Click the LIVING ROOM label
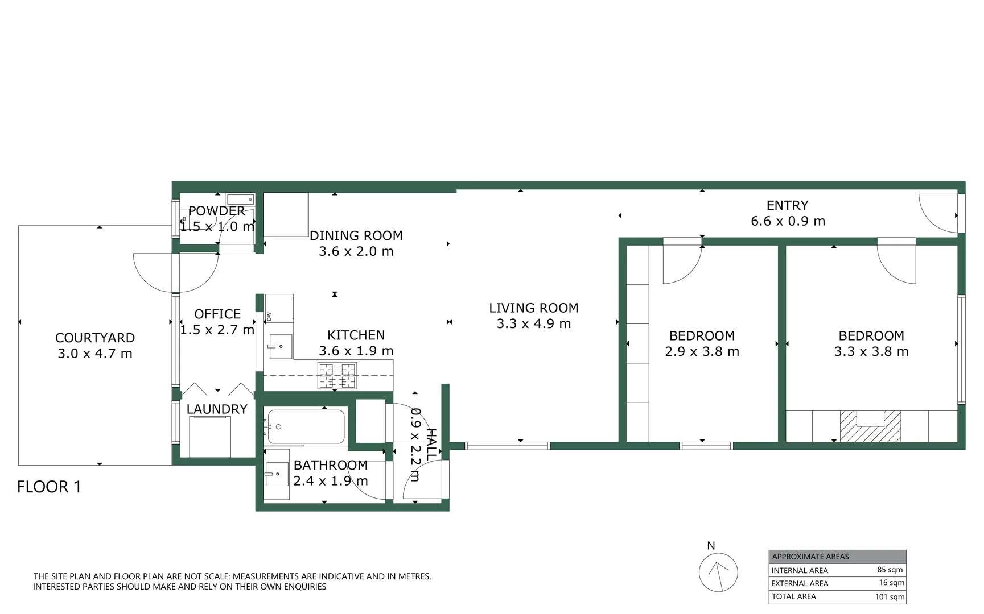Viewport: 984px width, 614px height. (x=533, y=308)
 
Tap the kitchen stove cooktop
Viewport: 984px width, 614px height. (x=337, y=376)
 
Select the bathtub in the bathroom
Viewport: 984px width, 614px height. (x=306, y=426)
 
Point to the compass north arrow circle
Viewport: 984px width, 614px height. (x=718, y=573)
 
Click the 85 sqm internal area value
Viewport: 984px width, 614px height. (x=890, y=570)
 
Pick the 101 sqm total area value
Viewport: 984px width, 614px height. (x=889, y=596)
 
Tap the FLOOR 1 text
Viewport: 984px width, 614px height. (x=49, y=487)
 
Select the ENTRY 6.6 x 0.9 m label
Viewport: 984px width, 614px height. (x=787, y=213)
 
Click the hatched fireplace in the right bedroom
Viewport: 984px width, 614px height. (x=870, y=426)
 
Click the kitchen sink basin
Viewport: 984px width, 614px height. (x=280, y=346)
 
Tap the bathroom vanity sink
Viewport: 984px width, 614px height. (x=277, y=473)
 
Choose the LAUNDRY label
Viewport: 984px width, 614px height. (x=217, y=409)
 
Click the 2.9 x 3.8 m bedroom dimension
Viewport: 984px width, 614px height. (x=702, y=352)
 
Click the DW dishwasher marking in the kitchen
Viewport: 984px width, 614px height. (x=269, y=317)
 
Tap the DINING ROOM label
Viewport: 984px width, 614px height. (x=356, y=235)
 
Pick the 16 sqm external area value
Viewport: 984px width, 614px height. (x=891, y=583)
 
